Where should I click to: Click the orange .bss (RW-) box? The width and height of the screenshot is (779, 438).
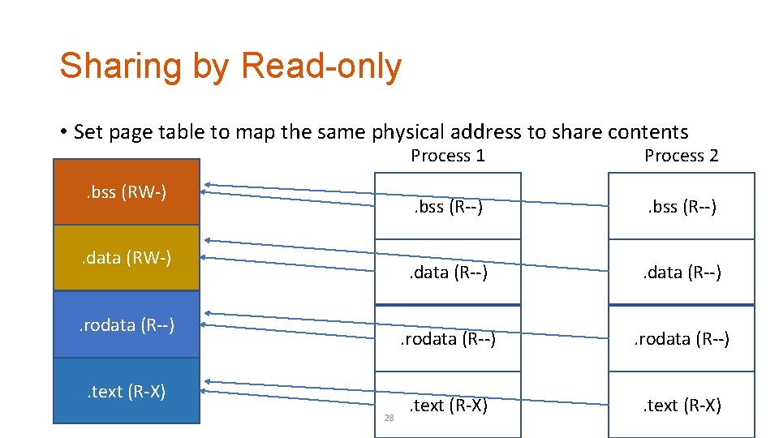click(x=126, y=192)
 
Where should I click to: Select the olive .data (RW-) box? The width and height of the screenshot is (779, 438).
click(x=126, y=258)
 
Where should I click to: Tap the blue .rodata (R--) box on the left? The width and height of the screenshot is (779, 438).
click(x=126, y=324)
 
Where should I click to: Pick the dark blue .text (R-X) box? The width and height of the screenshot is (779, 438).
click(x=126, y=391)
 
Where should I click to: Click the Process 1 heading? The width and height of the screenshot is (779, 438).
click(x=447, y=156)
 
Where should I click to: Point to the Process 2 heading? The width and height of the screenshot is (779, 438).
click(x=681, y=156)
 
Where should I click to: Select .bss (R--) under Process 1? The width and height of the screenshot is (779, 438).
click(x=447, y=208)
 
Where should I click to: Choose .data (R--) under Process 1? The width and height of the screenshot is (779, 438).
click(x=447, y=273)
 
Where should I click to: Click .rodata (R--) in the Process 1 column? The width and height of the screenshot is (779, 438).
click(x=447, y=339)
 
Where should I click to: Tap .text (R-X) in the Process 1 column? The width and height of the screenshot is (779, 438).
click(x=447, y=405)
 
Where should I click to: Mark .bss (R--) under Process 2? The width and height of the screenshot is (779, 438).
click(x=681, y=208)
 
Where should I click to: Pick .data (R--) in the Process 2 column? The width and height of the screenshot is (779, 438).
click(x=681, y=273)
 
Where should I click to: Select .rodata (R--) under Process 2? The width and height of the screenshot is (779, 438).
click(x=681, y=339)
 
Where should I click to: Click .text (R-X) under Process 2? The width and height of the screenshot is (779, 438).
click(x=681, y=405)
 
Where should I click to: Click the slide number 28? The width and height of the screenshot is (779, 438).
click(x=389, y=418)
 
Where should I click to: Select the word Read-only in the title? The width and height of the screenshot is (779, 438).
click(x=321, y=67)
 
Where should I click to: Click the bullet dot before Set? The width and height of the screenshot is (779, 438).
click(x=62, y=132)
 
